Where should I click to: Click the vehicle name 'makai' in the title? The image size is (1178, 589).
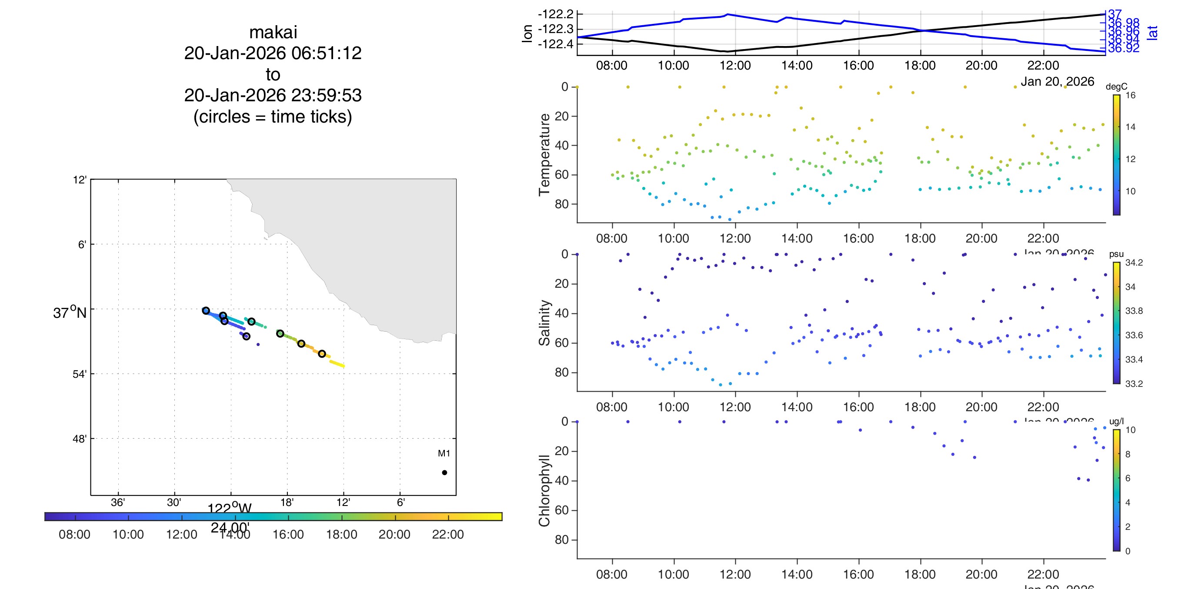pos(273,33)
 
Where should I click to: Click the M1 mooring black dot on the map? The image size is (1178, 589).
pos(444,473)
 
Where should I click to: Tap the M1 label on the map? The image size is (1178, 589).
pos(444,453)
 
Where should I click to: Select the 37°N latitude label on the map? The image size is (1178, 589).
pos(70,313)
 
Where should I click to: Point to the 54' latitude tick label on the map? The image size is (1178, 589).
pos(79,374)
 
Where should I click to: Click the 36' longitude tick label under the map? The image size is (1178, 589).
pos(117,502)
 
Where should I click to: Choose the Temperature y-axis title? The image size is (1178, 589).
pos(544,155)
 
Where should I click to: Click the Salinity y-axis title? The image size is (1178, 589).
pos(544,323)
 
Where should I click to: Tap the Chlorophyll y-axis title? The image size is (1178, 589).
pos(544,491)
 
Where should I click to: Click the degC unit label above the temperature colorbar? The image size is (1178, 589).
pos(1116,87)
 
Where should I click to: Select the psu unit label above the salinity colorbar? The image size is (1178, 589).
pos(1116,254)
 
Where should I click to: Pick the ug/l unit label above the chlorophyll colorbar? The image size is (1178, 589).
pos(1116,421)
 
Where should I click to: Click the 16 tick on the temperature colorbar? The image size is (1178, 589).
pos(1130,95)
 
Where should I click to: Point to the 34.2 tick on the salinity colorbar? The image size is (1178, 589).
pos(1134,263)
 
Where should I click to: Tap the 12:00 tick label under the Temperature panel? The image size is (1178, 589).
pos(735,238)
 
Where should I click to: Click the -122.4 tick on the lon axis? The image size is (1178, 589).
pos(555,44)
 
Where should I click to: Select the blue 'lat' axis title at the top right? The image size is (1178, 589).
pos(1152,33)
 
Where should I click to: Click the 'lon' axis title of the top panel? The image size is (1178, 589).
pos(527,33)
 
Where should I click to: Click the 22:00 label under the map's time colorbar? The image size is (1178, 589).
pos(448,534)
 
